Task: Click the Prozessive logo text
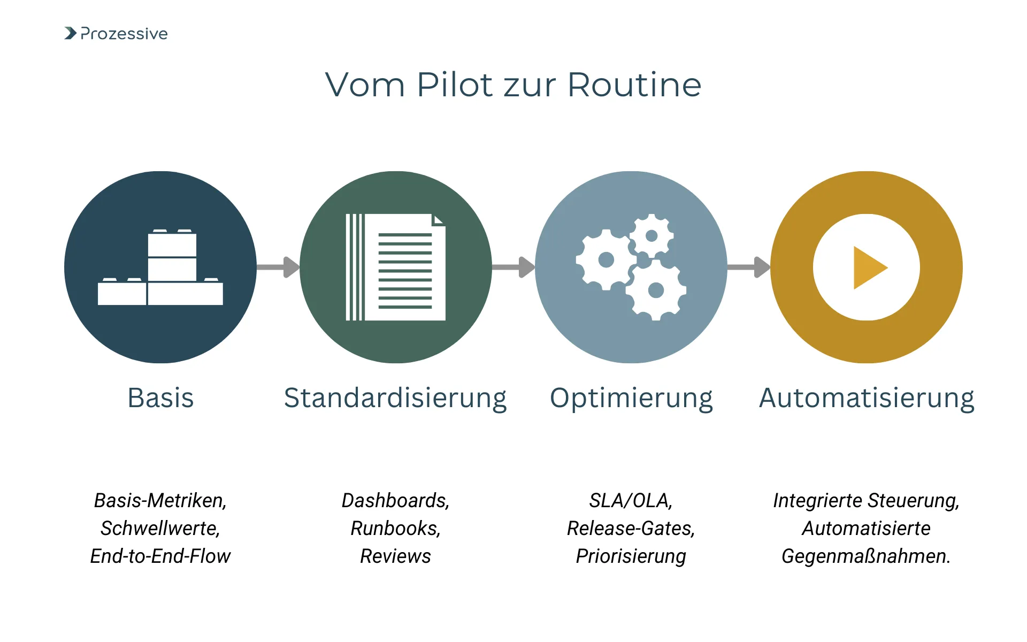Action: coord(124,34)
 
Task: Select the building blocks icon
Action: coord(160,267)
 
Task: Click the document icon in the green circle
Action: coord(396,267)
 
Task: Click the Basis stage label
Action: coord(160,398)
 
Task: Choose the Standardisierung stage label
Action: coord(395,399)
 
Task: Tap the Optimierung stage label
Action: coord(631,399)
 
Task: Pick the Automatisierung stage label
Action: coord(867,399)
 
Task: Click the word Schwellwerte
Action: coord(159,529)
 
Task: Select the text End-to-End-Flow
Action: coord(160,556)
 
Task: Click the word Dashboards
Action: coord(395,501)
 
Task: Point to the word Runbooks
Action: coord(395,529)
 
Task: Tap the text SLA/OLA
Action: coord(630,501)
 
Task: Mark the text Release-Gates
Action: coord(630,529)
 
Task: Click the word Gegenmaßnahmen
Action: coord(865,556)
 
